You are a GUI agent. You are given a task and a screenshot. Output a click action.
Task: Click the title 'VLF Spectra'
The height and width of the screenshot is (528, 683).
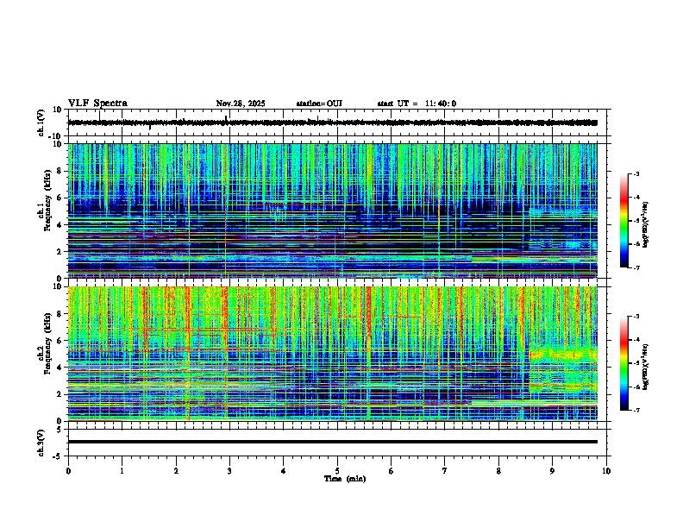(x=97, y=104)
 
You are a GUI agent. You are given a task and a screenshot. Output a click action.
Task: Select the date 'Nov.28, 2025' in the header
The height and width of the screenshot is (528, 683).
(x=241, y=104)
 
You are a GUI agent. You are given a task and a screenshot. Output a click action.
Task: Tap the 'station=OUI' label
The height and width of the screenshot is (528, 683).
(x=319, y=104)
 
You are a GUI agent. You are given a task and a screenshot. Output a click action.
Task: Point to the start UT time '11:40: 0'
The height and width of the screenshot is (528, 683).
(x=440, y=104)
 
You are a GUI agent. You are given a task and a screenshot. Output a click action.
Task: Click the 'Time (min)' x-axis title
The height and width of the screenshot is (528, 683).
(x=344, y=479)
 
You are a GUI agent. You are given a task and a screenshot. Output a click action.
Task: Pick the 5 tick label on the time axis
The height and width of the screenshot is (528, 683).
(x=337, y=471)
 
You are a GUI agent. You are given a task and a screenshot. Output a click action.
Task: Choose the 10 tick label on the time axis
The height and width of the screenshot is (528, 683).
(x=606, y=471)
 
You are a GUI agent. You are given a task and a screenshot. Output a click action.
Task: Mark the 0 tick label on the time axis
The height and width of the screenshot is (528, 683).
(x=68, y=471)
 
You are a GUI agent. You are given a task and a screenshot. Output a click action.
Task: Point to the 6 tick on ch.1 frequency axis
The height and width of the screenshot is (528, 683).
(x=61, y=198)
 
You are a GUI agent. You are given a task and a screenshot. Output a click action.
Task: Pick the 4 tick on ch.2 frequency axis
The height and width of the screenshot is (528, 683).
(x=61, y=368)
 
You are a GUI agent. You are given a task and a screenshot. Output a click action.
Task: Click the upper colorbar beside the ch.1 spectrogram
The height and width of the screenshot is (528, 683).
(x=623, y=221)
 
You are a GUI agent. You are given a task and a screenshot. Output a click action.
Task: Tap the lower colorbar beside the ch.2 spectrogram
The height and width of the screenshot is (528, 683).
(x=623, y=363)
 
